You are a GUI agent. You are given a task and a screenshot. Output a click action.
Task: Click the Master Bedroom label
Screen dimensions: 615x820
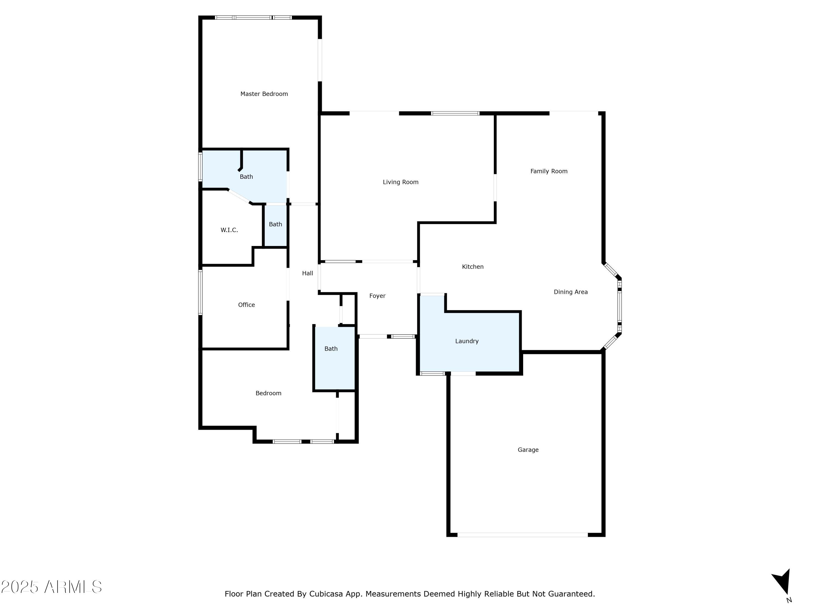click(264, 94)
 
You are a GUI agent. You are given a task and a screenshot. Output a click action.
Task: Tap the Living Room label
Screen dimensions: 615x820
click(400, 182)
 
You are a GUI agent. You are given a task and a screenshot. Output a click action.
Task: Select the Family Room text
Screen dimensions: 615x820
click(549, 171)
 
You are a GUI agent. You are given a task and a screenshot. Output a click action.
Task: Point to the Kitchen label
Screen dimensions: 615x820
click(473, 267)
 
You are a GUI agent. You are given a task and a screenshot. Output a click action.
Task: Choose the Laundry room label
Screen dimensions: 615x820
click(467, 341)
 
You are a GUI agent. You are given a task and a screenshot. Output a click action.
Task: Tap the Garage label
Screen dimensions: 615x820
click(528, 450)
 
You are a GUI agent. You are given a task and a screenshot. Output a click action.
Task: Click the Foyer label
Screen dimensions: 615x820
click(377, 296)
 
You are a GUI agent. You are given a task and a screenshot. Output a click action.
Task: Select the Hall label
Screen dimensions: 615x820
click(307, 274)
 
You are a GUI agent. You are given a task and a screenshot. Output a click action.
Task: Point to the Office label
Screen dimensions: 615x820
click(246, 305)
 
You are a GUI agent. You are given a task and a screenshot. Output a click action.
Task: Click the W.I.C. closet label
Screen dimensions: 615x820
click(229, 230)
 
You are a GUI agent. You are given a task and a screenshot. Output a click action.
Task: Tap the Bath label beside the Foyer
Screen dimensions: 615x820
click(331, 349)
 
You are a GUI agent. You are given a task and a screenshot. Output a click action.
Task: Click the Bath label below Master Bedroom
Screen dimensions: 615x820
click(246, 177)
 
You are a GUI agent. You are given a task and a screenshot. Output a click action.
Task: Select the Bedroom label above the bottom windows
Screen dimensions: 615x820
click(268, 393)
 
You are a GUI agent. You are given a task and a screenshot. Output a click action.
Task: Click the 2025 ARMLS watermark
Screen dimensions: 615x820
click(52, 587)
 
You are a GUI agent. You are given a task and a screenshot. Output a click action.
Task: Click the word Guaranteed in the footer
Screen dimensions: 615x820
click(571, 594)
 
